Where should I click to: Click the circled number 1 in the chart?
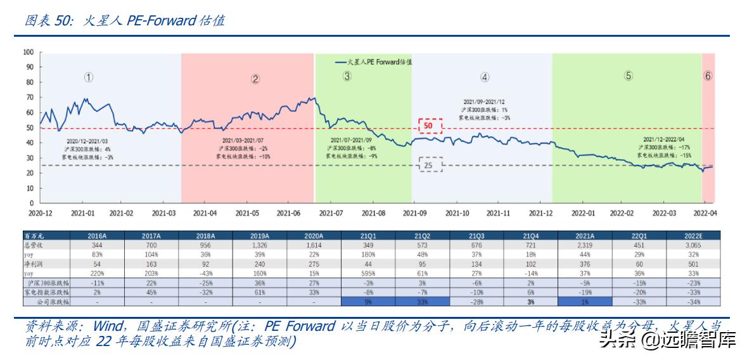click(x=89, y=77)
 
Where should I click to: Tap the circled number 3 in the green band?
click(x=347, y=76)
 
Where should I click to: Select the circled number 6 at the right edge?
click(x=708, y=75)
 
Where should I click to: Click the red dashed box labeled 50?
click(x=428, y=126)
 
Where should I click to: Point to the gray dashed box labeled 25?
click(x=428, y=166)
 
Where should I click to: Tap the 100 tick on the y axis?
click(x=27, y=52)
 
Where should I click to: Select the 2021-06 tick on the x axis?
click(x=289, y=214)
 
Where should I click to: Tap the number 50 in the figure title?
click(x=63, y=20)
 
